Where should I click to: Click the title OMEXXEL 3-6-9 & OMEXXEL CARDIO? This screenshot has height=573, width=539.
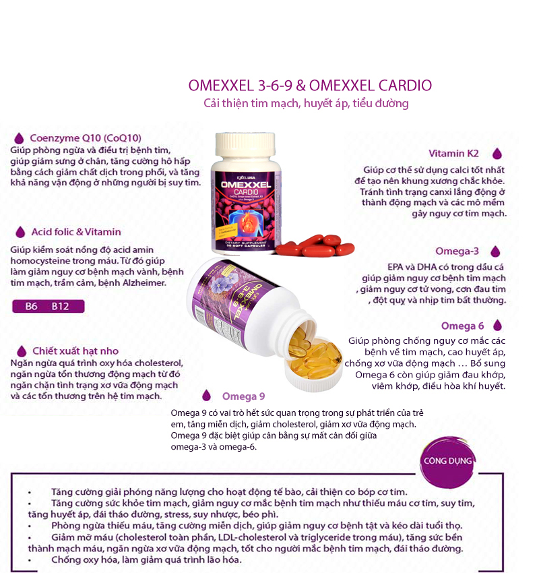click(311, 86)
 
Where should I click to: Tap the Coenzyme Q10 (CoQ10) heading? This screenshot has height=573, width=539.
click(85, 138)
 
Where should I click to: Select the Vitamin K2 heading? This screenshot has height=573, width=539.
click(454, 154)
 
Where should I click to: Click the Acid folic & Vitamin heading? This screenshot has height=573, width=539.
click(76, 232)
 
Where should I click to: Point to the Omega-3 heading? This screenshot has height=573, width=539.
click(457, 251)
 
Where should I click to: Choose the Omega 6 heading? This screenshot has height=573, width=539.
click(462, 326)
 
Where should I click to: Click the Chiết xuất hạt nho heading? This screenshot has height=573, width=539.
click(75, 351)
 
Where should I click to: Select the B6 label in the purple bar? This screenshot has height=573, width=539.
click(31, 306)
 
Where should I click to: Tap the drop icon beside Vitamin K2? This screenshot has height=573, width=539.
click(497, 154)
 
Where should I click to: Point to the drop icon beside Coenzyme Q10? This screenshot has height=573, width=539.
click(20, 138)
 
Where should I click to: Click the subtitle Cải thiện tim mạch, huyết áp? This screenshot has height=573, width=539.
click(306, 104)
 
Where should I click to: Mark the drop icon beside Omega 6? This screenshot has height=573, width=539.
click(497, 326)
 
